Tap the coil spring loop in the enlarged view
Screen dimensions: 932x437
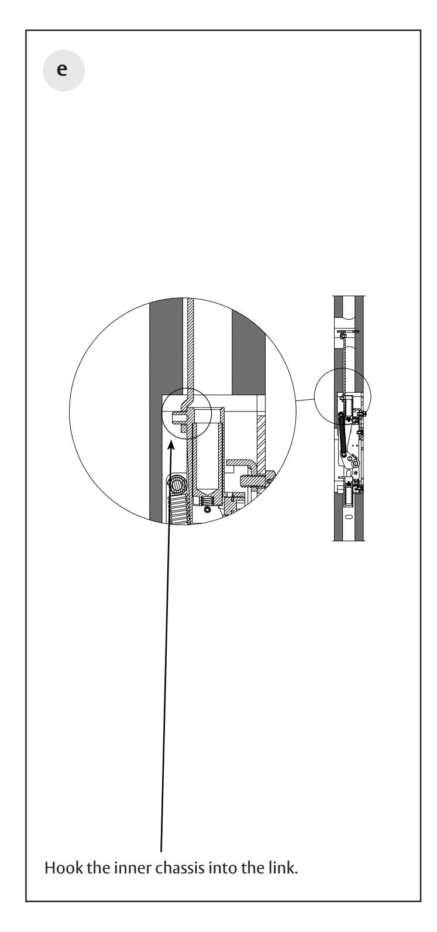point(176,484)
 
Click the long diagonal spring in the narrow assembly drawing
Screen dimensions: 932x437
point(342,435)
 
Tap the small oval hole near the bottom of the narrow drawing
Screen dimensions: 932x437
point(348,518)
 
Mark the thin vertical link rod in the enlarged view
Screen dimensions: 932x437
point(190,345)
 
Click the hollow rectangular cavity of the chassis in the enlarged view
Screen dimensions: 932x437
point(207,457)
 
